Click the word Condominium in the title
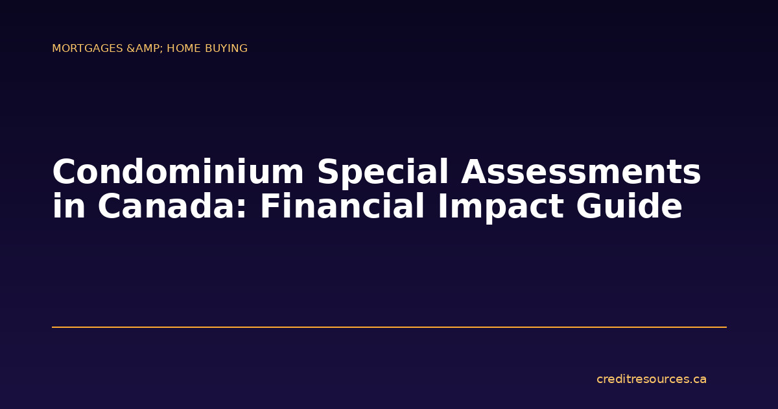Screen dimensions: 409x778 178,173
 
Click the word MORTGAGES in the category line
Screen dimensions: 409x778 88,49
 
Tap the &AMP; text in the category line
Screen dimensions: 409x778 145,49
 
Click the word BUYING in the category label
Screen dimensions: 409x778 226,49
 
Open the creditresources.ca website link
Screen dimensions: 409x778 651,379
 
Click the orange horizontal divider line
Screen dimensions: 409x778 389,327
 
